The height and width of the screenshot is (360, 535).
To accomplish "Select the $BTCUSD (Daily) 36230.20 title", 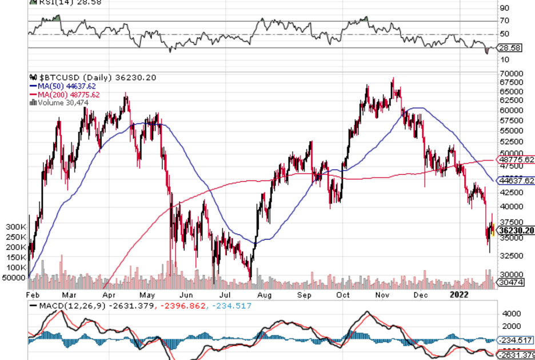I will pos(84,78).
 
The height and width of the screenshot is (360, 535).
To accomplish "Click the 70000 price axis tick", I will pos(512,74).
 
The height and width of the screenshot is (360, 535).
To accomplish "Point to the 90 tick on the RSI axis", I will pos(505,8).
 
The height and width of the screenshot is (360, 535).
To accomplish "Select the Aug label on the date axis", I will pos(264,295).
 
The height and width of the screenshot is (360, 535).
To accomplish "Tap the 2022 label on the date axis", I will pos(460,295).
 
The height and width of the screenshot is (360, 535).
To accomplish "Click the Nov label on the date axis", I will pos(383,295).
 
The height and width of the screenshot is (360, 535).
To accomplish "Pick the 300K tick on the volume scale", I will pos(15,227).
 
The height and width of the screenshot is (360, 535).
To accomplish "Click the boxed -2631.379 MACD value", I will pos(517,355).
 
